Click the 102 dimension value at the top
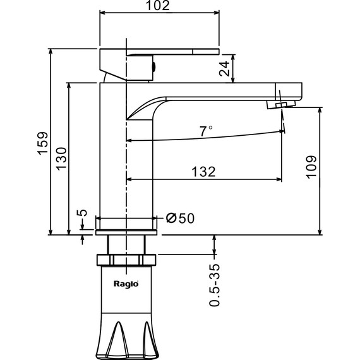tap(158, 6)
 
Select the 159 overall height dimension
tap(43, 143)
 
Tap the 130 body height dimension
tap(61, 159)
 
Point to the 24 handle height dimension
tap(224, 68)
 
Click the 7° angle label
tap(206, 131)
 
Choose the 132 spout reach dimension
tap(203, 172)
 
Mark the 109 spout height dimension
tap(311, 167)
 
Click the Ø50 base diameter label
tap(180, 218)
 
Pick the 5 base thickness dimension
tap(82, 213)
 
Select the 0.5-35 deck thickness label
tap(215, 285)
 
